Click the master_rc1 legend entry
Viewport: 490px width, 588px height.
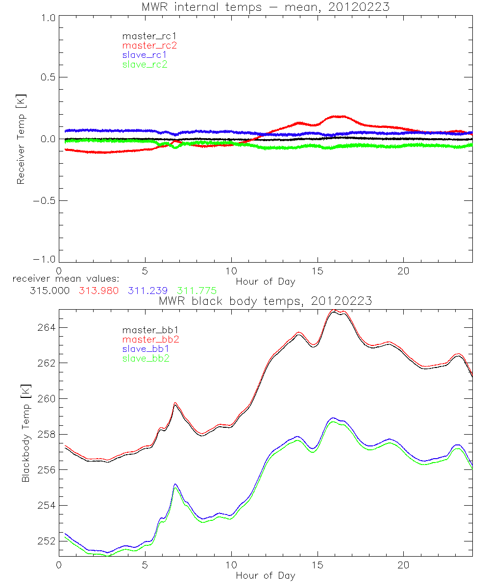coord(145,36)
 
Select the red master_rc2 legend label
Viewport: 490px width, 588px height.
coord(149,46)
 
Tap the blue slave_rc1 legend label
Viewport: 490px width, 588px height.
coord(145,55)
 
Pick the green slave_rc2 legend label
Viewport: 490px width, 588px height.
coord(145,65)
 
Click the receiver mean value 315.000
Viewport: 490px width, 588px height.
coord(49,291)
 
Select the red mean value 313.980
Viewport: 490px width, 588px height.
coord(98,291)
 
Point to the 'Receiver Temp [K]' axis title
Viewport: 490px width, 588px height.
coord(21,140)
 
